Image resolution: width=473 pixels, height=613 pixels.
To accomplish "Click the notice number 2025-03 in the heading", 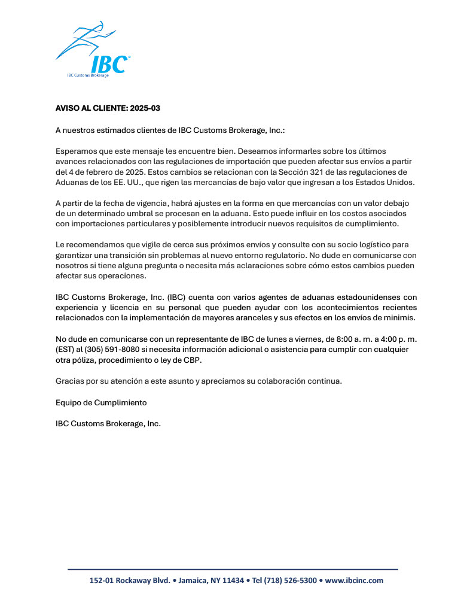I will point(145,108).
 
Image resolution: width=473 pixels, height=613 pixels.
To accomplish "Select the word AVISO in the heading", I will point(68,108).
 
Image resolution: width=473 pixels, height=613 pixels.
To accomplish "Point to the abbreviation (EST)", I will point(65,350).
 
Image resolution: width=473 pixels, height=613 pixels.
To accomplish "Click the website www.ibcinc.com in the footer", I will point(354,581).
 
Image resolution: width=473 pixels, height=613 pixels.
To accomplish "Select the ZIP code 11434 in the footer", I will point(231,581).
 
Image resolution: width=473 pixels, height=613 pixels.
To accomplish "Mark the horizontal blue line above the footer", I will point(233,569).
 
